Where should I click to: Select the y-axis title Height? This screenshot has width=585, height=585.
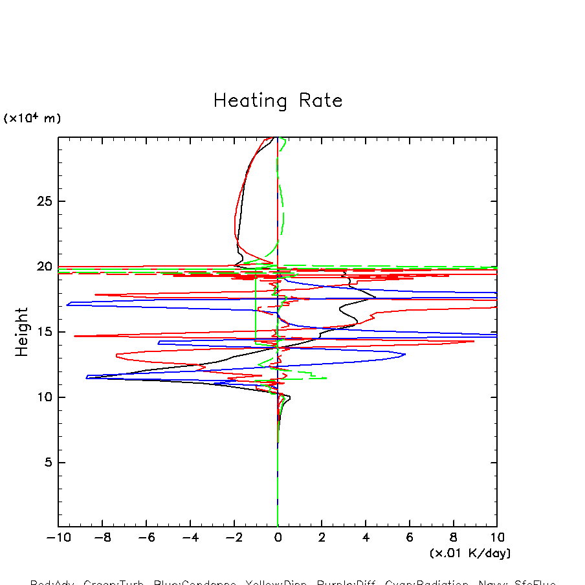tap(23, 332)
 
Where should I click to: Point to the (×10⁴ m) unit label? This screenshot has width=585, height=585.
tap(32, 118)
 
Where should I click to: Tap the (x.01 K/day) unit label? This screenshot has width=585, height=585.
tap(470, 553)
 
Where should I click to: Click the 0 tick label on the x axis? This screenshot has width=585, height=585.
tap(278, 538)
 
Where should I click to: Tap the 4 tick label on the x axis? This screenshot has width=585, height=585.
tap(366, 538)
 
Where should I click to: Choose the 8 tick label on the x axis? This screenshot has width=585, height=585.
tap(453, 538)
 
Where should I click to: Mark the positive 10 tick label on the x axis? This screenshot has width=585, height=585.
tap(497, 538)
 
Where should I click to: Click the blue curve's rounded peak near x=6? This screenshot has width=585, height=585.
tap(404, 354)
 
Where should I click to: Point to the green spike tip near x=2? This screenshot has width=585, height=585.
tap(326, 378)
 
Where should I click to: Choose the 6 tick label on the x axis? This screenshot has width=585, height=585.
tap(410, 538)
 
